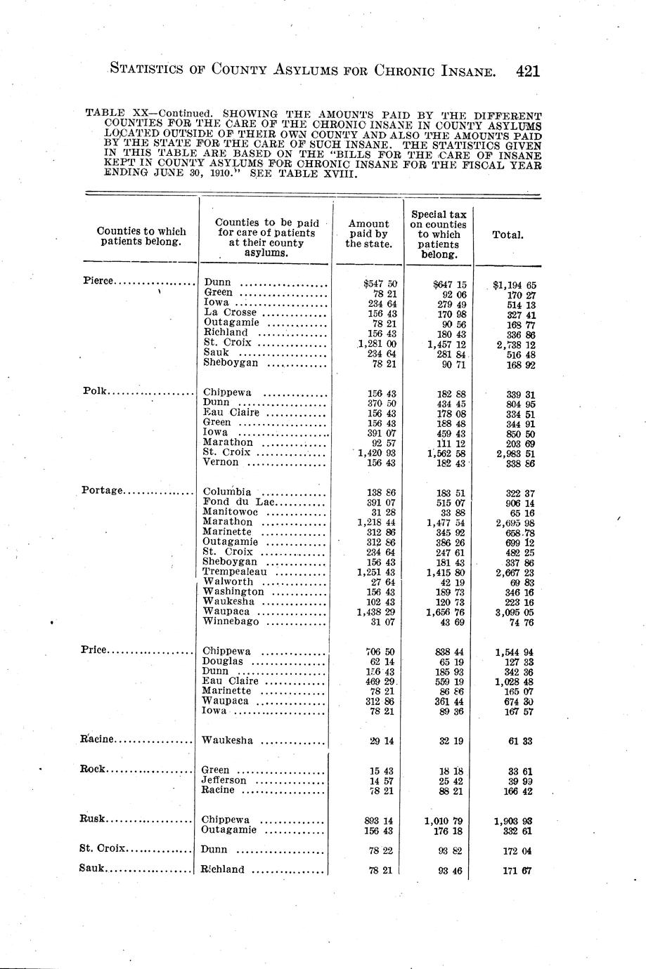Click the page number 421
(x=527, y=70)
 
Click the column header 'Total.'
(x=508, y=235)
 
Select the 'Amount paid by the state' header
(x=368, y=234)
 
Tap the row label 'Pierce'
(x=98, y=281)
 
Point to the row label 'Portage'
(x=103, y=490)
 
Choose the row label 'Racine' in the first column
(x=98, y=739)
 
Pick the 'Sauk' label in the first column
(x=93, y=868)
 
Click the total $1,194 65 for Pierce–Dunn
(x=515, y=286)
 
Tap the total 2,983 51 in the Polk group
(x=516, y=453)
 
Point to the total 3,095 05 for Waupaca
(x=516, y=612)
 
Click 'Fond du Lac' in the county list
(x=240, y=502)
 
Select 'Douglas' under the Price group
(x=222, y=661)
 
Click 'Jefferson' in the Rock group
(x=224, y=780)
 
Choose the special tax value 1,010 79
(x=444, y=820)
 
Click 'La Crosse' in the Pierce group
(x=231, y=312)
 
